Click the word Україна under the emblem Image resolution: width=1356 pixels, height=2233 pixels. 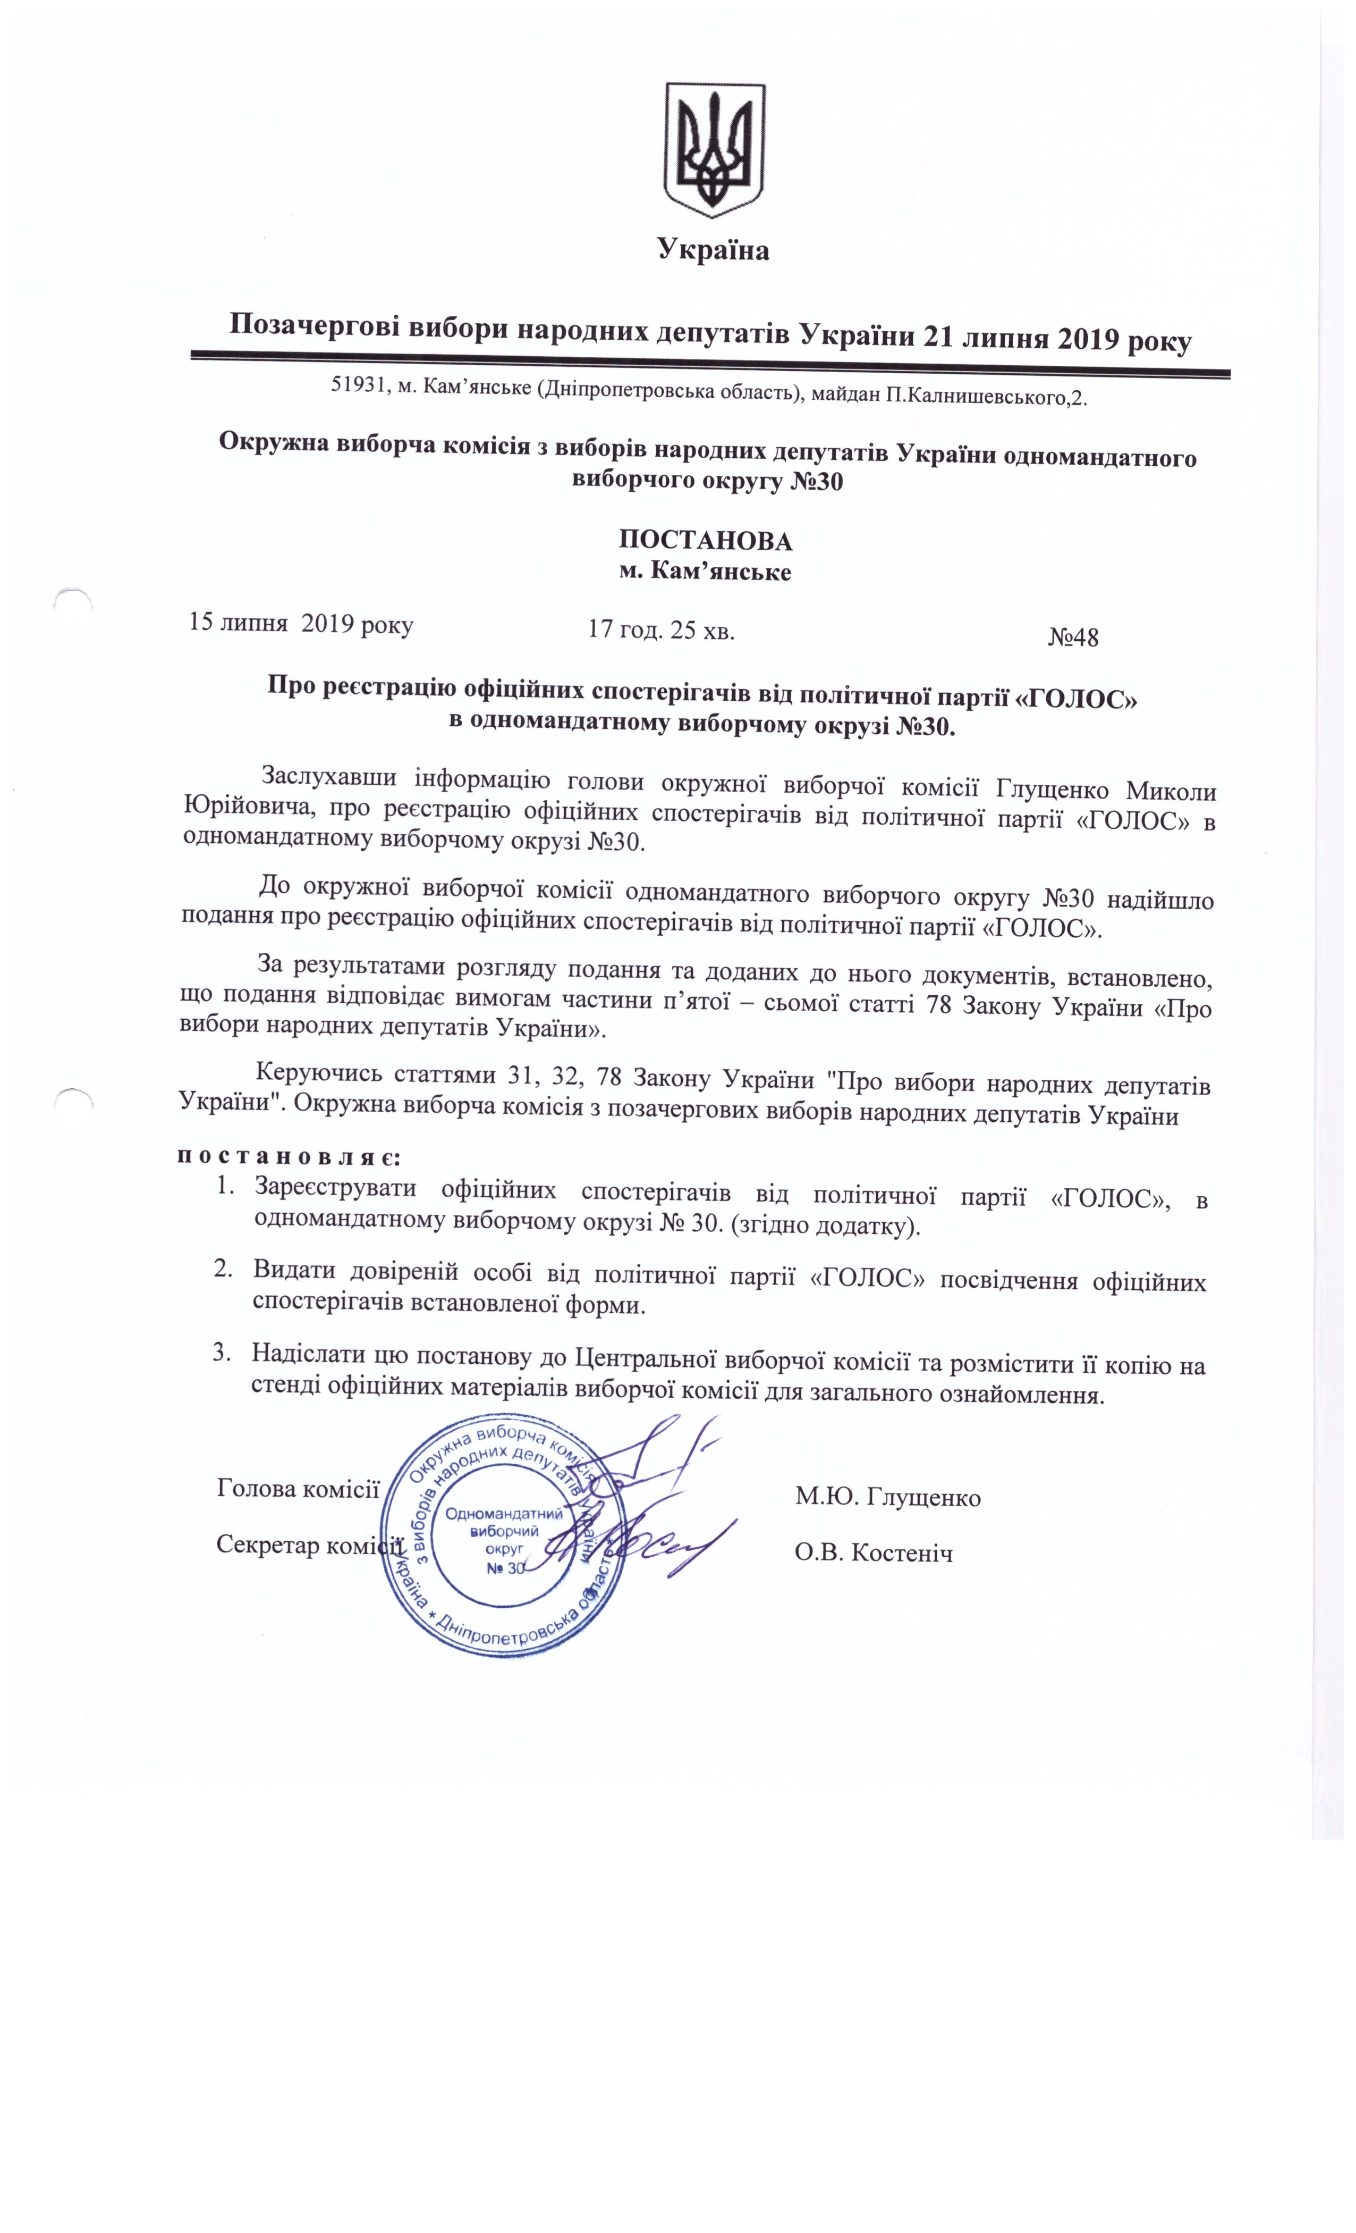coord(714,249)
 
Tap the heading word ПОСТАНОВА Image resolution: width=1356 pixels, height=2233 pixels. coord(705,541)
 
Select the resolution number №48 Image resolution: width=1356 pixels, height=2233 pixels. coord(1073,637)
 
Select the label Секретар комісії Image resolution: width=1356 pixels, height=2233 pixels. coord(308,1545)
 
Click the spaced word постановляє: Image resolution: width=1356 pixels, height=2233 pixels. coord(286,1157)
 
